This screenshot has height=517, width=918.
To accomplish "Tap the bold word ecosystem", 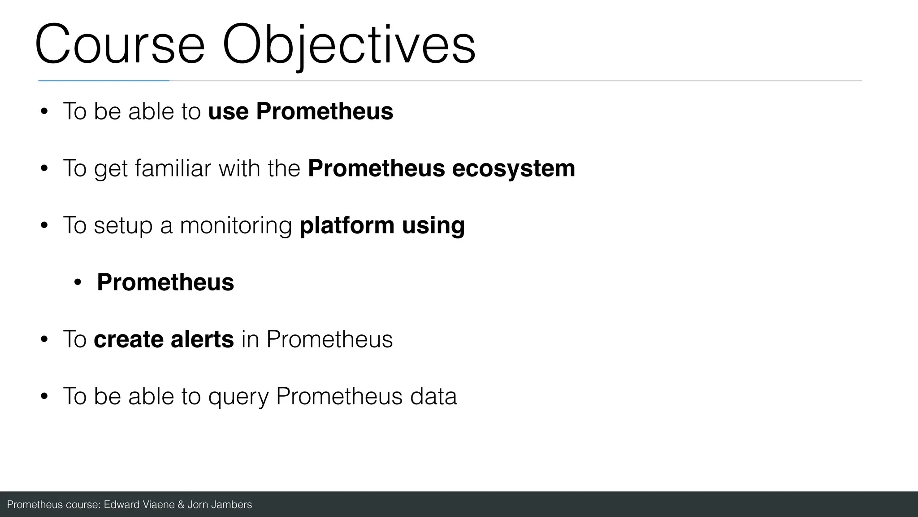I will pos(513,168).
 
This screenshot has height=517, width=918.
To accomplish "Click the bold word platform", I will pos(346,225).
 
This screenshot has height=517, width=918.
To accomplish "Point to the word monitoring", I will pos(236,225).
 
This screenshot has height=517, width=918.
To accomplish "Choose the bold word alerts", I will pos(202,339).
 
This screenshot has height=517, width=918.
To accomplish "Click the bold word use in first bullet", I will pos(228,111).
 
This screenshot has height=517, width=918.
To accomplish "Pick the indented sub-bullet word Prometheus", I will pos(165,282).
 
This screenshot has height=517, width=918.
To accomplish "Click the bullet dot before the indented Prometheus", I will pos(78,283).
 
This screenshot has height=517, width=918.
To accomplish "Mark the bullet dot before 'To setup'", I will pos(44,226).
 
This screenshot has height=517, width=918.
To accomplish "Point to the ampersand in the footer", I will pos(181,505).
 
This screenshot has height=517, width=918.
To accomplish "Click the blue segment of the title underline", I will pos(104,81).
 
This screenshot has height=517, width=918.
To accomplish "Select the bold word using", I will pos(433,225).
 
